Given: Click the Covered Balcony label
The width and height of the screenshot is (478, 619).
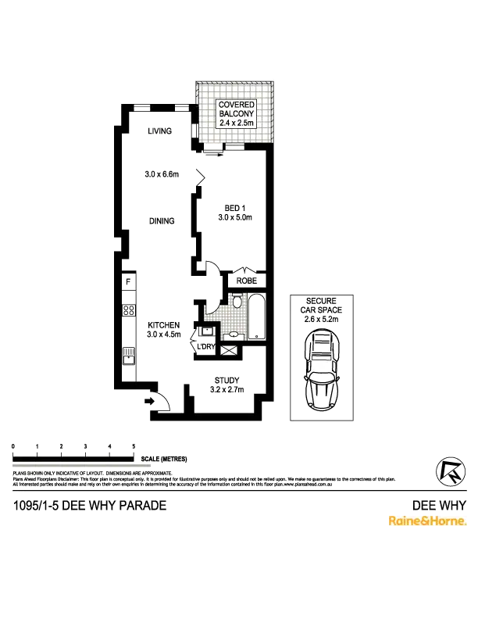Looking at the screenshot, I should click(x=237, y=113).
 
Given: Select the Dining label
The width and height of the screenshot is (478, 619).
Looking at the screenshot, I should click(x=162, y=221).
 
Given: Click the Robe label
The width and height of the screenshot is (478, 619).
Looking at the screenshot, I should click(x=246, y=280).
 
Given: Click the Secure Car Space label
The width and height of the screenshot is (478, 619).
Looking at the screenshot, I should click(x=321, y=309).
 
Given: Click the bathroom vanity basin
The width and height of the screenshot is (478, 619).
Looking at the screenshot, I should click(x=231, y=335).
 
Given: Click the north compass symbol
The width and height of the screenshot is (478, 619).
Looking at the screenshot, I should click(x=447, y=473).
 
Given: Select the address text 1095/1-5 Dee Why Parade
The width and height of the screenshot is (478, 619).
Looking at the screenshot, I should click(x=91, y=506).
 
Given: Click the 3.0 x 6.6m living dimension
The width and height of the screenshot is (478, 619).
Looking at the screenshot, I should click(x=162, y=174).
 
